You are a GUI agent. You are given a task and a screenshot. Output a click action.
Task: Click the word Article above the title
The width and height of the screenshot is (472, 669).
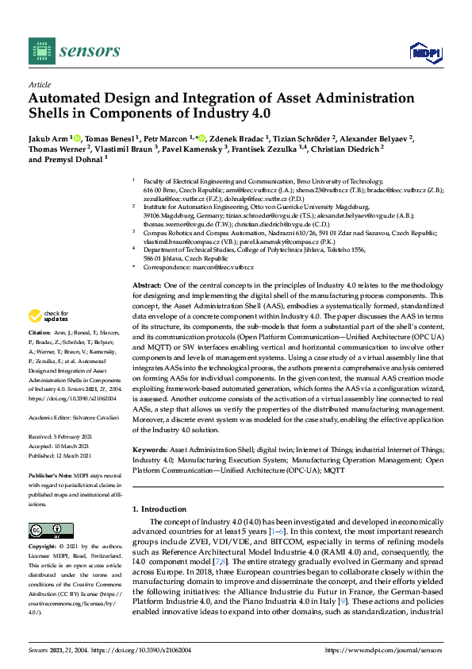coord(39,83)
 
